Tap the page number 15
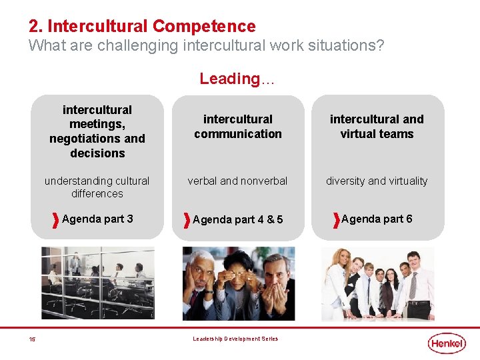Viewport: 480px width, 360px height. tap(32, 339)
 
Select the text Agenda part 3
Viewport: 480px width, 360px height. tap(97, 219)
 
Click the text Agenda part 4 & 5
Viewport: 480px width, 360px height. tap(238, 219)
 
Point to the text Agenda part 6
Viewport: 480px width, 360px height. tap(377, 219)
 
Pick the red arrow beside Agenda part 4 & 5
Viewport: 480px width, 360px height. tap(187, 219)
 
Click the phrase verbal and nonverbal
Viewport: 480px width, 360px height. tap(237, 181)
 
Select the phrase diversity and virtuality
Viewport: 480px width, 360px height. tap(377, 181)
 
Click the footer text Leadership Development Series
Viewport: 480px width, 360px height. tap(235, 339)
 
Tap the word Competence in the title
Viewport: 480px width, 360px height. tap(204, 26)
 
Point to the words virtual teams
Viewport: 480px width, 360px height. tap(377, 134)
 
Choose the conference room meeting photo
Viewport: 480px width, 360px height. tap(97, 282)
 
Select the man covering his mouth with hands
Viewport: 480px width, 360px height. tap(274, 287)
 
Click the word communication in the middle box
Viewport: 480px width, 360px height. tap(238, 134)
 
